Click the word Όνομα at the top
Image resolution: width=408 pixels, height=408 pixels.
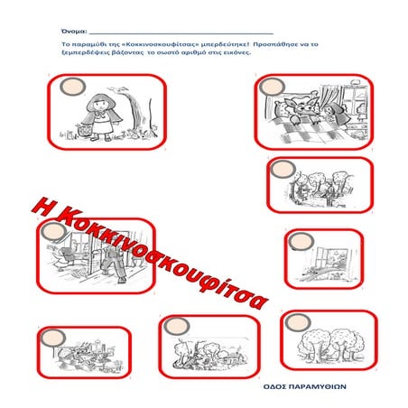74,32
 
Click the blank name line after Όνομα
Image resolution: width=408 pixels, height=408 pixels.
181,34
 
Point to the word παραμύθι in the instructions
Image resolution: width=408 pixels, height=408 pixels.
88,45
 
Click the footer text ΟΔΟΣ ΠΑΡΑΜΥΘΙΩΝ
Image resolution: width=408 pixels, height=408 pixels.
305,386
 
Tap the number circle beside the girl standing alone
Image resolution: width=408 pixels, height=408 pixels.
73,87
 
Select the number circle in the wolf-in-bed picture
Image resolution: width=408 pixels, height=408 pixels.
273,87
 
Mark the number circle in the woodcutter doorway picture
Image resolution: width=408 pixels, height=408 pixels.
54,232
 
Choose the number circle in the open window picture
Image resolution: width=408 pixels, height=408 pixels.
301,242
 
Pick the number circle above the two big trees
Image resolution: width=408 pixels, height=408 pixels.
298,322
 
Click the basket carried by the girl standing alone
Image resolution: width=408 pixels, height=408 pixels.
85,130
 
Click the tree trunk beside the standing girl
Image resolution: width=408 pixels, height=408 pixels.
135,111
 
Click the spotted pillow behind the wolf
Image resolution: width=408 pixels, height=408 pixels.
280,108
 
